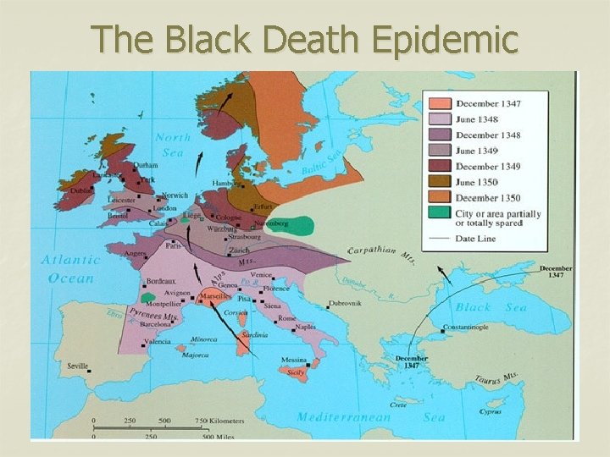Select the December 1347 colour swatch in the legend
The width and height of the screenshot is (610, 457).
coord(439,103)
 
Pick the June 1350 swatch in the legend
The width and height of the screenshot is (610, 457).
coord(439,182)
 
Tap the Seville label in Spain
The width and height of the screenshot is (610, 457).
coord(77,366)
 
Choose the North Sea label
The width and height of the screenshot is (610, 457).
coord(173,144)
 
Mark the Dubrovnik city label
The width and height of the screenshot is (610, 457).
coord(351,305)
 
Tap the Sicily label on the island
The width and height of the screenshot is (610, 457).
coord(296,372)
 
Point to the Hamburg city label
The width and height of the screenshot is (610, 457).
coord(228,183)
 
